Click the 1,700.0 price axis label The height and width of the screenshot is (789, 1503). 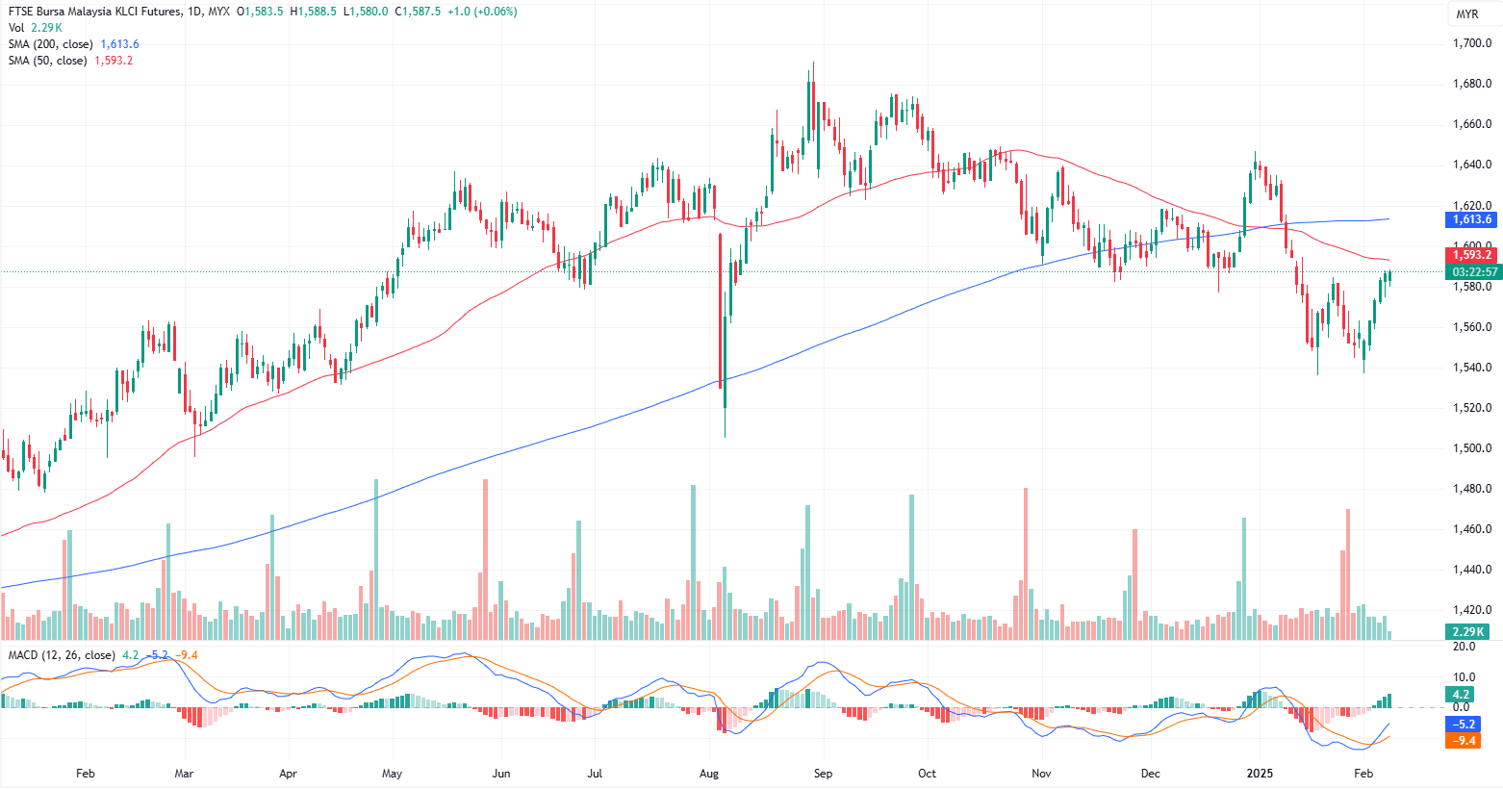coord(1472,43)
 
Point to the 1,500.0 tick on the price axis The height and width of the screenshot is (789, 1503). coord(1472,448)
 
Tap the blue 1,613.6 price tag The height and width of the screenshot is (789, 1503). coord(1472,219)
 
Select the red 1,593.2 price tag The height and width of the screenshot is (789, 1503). coord(1472,255)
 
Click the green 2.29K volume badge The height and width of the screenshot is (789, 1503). coord(1468,631)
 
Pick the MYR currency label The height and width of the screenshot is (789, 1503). coord(1466,14)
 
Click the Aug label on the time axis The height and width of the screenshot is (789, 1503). coord(709,774)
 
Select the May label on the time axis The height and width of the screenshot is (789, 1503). coord(392,774)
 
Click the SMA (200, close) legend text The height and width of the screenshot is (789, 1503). coord(51,44)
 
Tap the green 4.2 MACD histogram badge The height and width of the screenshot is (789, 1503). coord(1461,694)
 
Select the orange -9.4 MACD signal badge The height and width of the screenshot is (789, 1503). coord(1461,740)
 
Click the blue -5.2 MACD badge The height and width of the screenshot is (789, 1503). coord(1461,724)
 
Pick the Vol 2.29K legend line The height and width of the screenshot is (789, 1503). coord(35,28)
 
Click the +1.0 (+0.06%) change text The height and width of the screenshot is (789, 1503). coord(485,12)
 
